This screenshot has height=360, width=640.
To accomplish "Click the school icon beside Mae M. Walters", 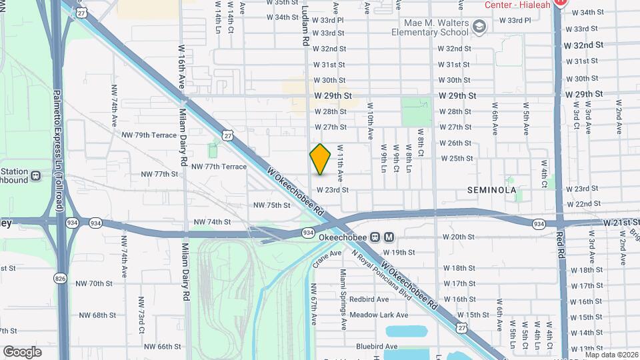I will click(478, 26).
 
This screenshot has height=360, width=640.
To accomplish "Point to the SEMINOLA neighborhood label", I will click(492, 190).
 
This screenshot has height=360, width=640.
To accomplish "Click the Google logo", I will click(22, 351).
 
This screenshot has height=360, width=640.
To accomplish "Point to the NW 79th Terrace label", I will click(149, 135).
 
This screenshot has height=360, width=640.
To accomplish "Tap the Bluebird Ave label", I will click(376, 346).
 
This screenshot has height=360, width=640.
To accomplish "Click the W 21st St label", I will click(621, 222).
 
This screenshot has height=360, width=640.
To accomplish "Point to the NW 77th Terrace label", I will click(219, 166).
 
